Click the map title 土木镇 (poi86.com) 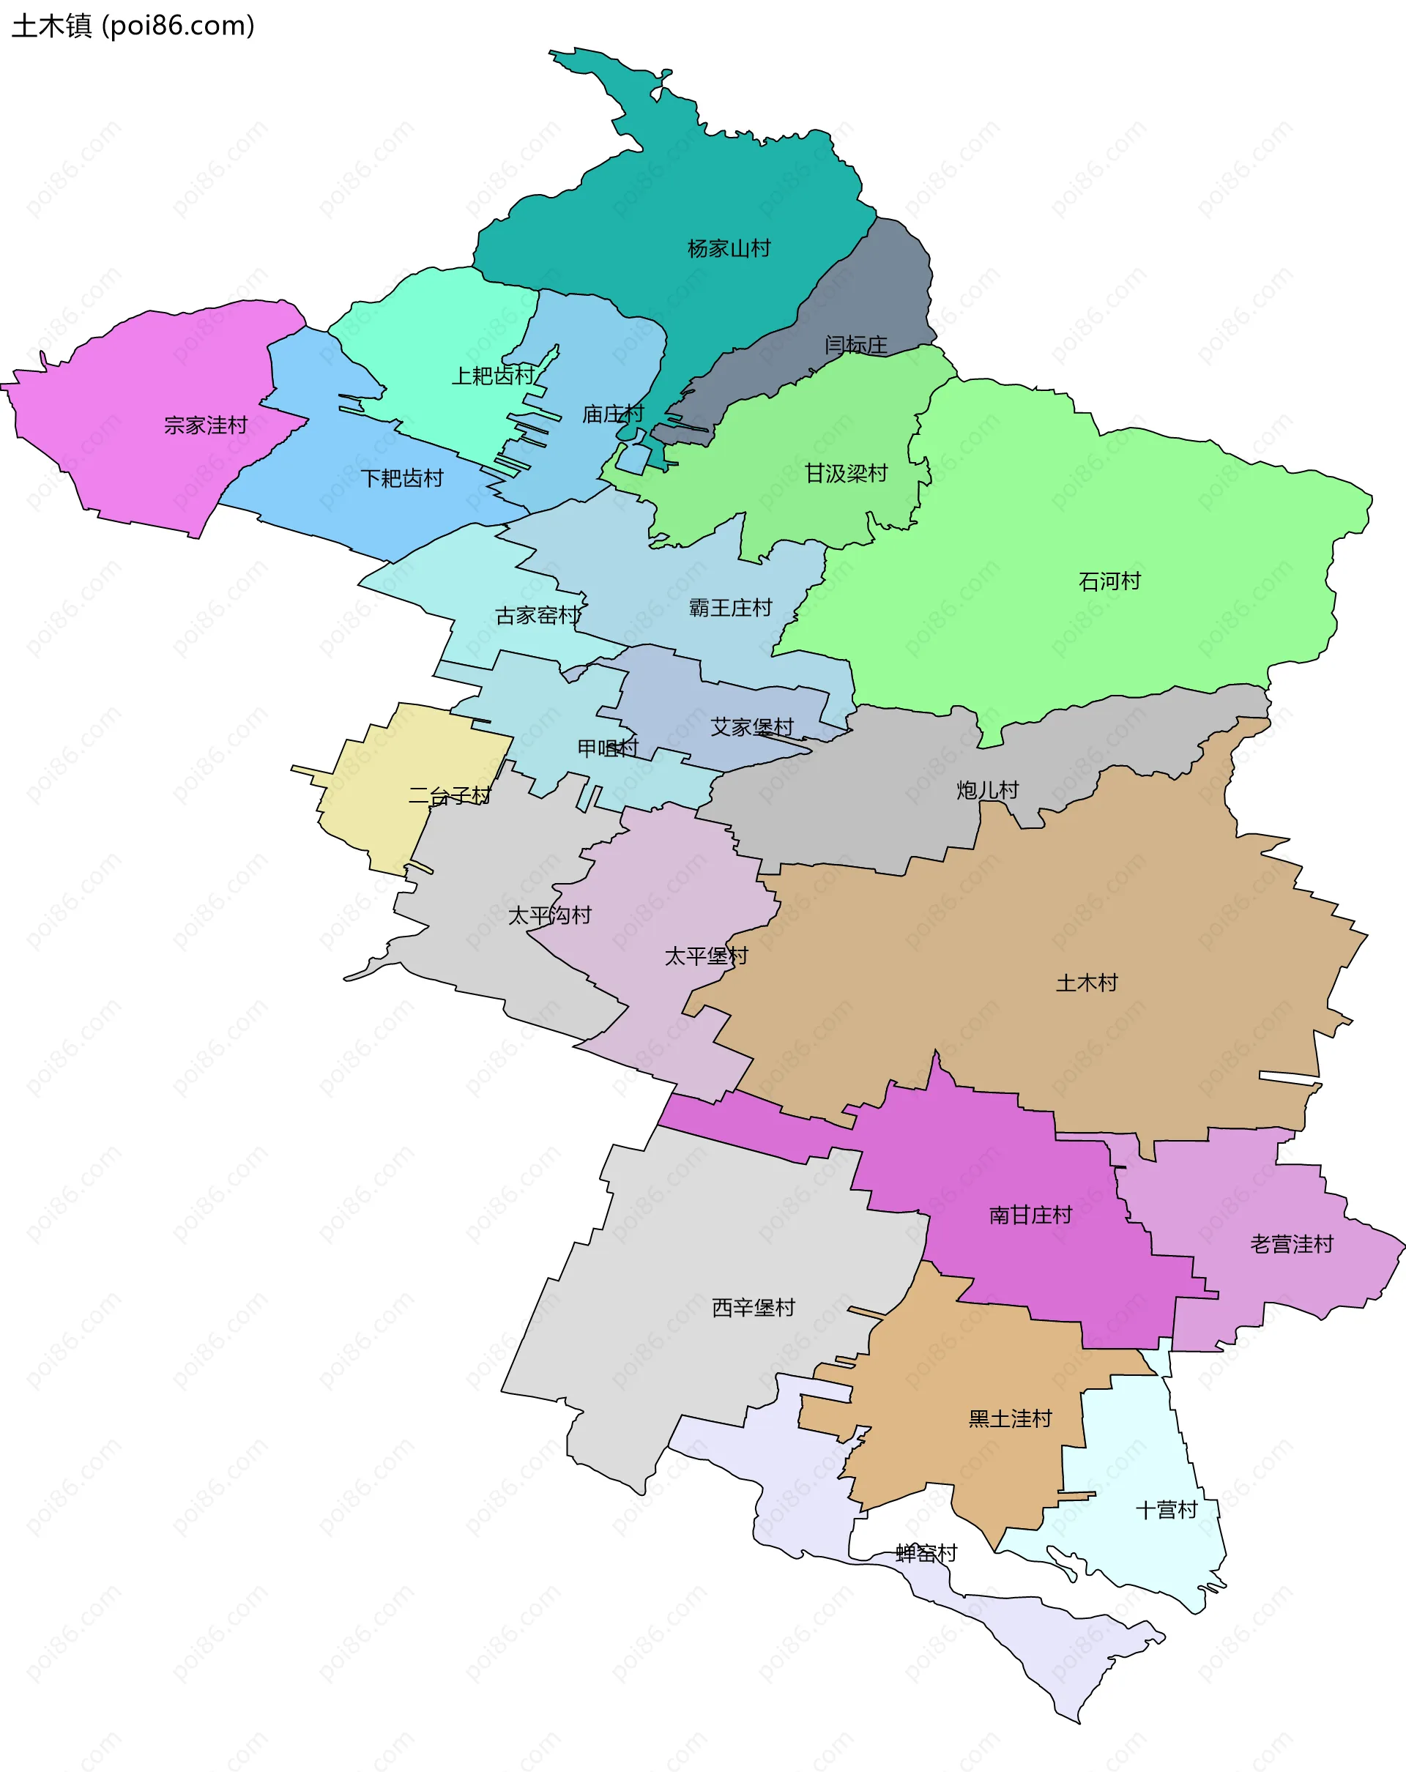coord(133,26)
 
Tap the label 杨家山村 coord(729,248)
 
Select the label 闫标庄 coord(856,344)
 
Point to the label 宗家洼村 coord(206,425)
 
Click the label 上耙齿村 coord(493,376)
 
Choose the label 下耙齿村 coord(402,477)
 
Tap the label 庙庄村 coord(613,414)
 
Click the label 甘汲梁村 coord(846,474)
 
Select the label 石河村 coord(1109,581)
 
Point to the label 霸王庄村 coord(731,607)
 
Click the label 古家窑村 coord(538,615)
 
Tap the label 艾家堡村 coord(752,726)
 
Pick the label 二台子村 coord(450,794)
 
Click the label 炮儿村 coord(987,790)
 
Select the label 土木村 coord(1086,982)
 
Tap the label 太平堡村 coord(706,955)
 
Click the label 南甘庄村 coord(1030,1215)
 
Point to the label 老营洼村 coord(1291,1243)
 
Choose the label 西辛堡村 coord(753,1307)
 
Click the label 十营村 coord(1166,1509)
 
